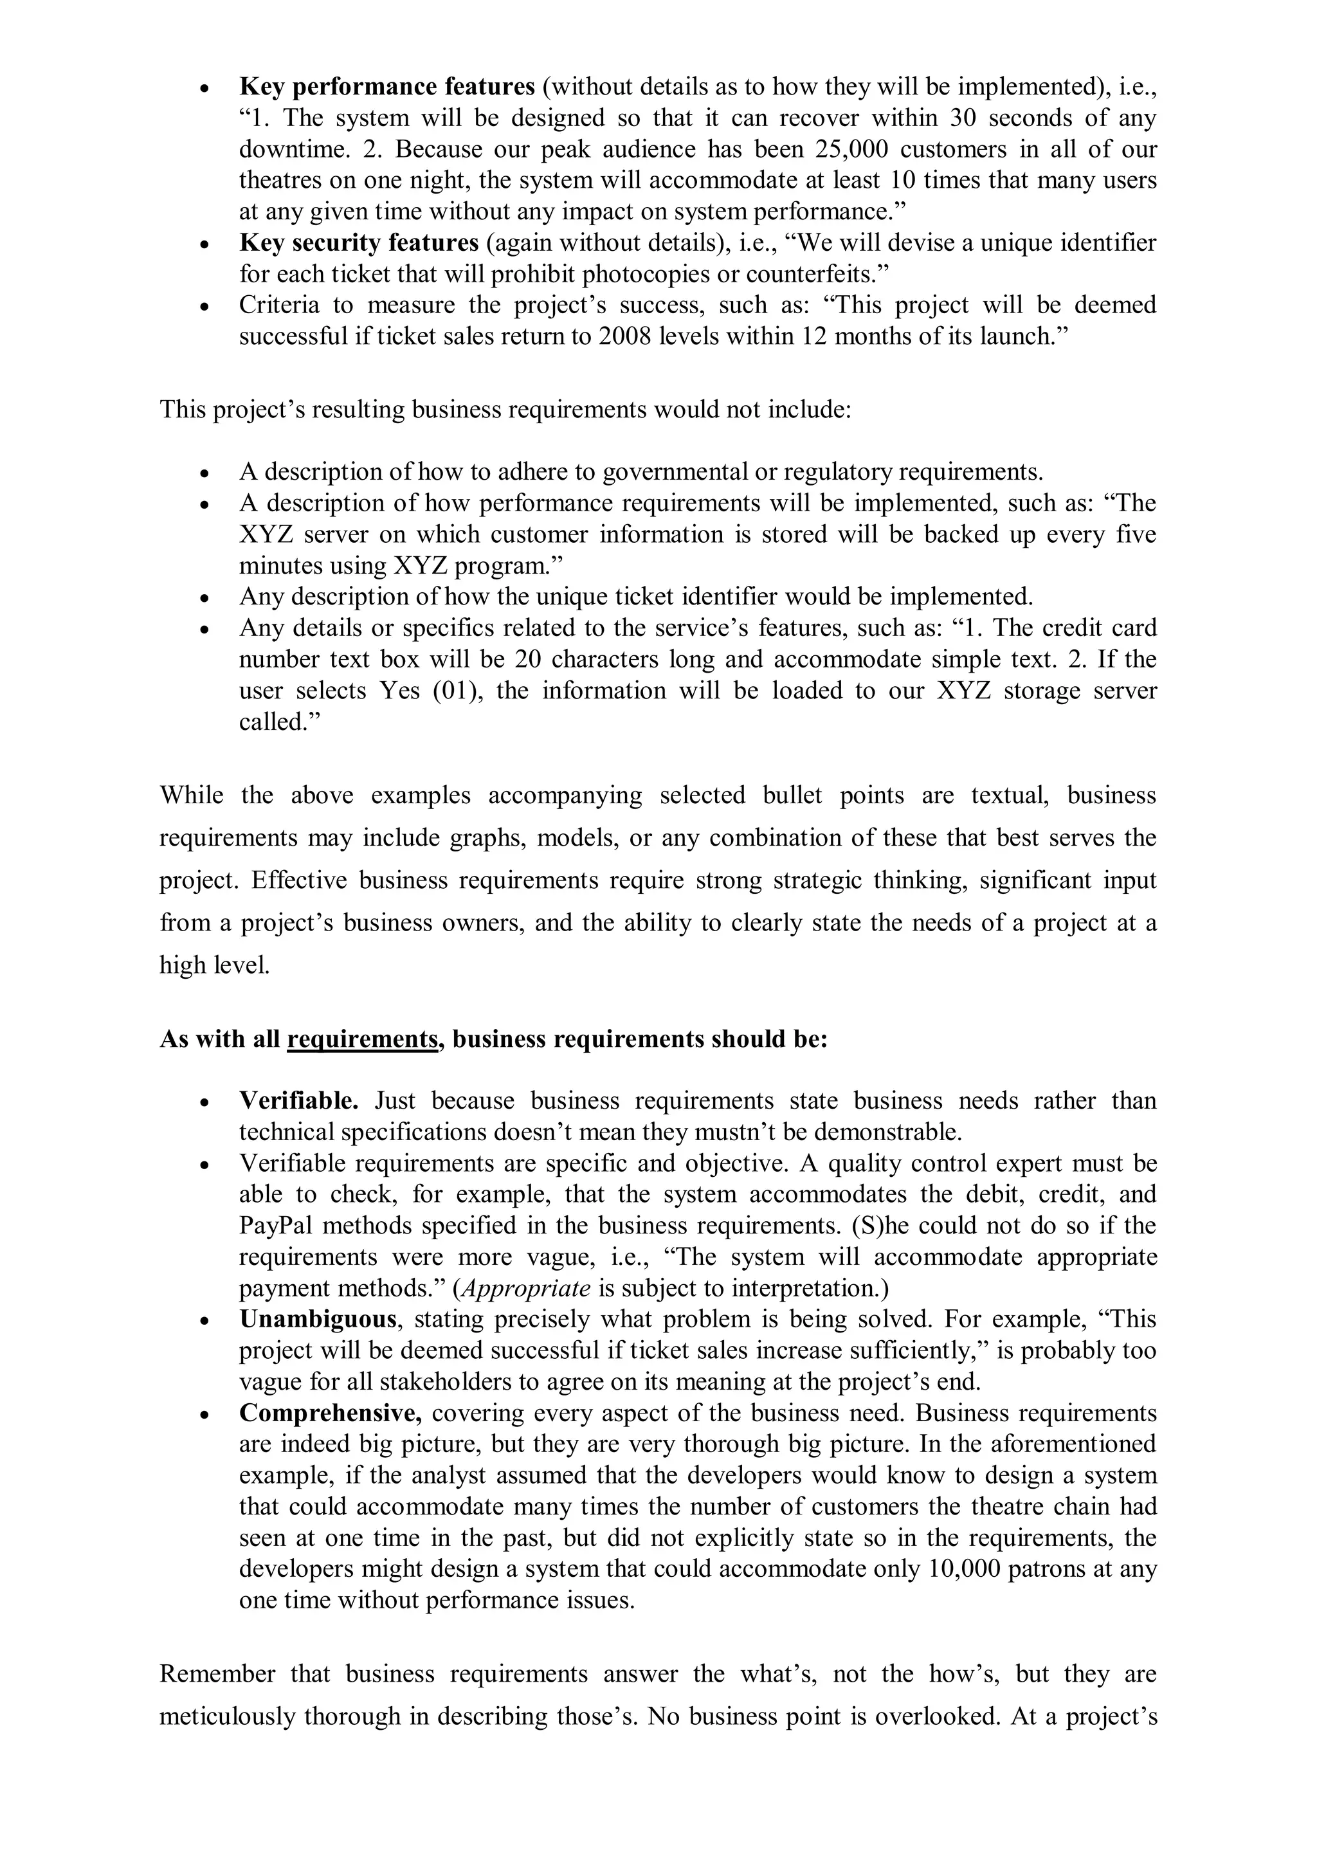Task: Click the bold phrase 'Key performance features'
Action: point(387,87)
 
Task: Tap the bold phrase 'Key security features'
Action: point(359,242)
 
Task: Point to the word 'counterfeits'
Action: point(814,274)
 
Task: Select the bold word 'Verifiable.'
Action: point(298,1101)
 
